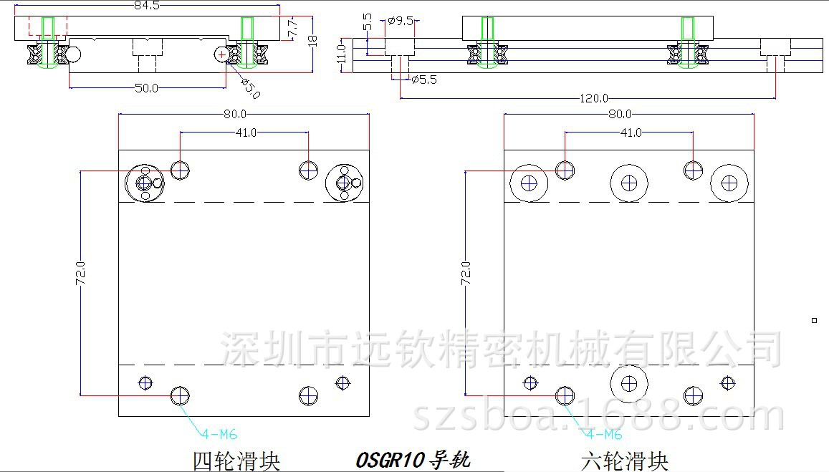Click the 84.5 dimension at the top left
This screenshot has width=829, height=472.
[146, 6]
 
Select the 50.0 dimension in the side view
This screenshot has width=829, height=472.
[146, 88]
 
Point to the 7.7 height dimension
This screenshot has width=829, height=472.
[292, 29]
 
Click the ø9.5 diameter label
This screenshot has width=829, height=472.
[401, 21]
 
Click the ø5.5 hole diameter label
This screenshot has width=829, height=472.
[424, 80]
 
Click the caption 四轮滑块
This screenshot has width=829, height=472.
[236, 460]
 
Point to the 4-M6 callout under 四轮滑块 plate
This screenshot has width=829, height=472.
[219, 433]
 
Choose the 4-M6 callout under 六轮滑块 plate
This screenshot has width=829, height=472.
[605, 434]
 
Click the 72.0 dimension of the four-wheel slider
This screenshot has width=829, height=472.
[81, 274]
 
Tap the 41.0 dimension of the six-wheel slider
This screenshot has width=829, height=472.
[631, 133]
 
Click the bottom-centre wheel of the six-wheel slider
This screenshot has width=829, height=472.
[629, 383]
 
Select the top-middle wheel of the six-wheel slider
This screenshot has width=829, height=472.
[628, 183]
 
